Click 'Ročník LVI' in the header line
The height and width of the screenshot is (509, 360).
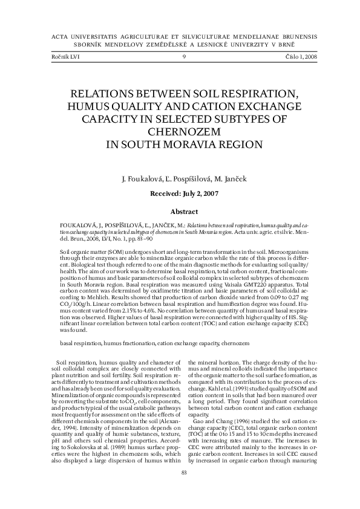point(67,57)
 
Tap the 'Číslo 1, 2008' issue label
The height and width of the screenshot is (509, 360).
point(293,57)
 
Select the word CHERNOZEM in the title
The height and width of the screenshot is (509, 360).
point(180,132)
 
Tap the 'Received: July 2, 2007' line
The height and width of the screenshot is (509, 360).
point(180,195)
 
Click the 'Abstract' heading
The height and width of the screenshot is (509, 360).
point(180,212)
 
